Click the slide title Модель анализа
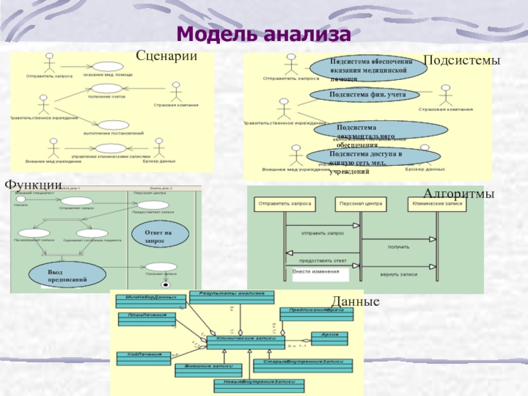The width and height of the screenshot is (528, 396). coord(264,33)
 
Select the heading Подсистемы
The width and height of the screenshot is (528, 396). coord(461,60)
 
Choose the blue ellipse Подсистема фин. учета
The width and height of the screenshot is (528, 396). coord(367,95)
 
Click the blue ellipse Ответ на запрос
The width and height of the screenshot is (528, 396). coord(158,237)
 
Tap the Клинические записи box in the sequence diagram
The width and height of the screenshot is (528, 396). coord(436,204)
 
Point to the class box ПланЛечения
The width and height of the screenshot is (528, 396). coord(147,316)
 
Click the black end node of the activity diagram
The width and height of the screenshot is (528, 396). coord(165,285)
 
